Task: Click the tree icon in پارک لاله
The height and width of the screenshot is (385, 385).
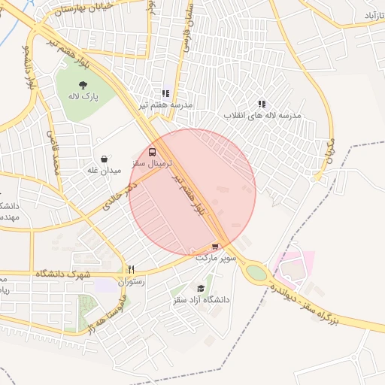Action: [83, 84]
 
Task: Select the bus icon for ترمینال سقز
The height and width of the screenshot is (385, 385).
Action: [153, 150]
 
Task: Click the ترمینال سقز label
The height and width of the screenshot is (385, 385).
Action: [152, 162]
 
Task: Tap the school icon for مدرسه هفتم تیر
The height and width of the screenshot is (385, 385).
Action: [165, 94]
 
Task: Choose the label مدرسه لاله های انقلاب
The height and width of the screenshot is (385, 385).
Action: [262, 116]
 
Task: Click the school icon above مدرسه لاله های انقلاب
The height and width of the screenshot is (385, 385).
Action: [262, 104]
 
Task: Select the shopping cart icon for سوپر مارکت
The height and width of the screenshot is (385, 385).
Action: [217, 246]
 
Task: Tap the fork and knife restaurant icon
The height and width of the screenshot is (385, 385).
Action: [131, 268]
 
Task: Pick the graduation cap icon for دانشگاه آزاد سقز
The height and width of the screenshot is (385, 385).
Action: [201, 288]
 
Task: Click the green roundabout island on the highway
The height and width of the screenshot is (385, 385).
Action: [256, 273]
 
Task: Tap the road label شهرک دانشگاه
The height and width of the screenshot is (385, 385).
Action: [62, 274]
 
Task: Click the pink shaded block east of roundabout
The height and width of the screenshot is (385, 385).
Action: [293, 264]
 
